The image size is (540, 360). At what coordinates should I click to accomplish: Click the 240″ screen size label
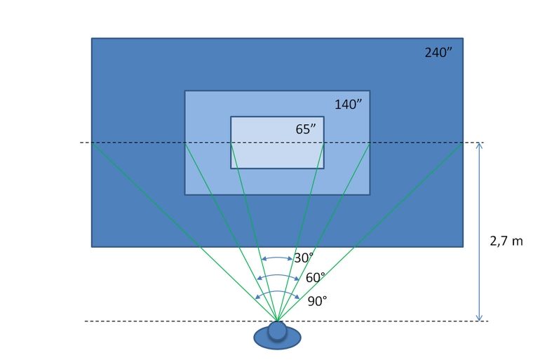click(x=440, y=53)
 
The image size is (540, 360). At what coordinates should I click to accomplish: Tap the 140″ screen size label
click(x=348, y=105)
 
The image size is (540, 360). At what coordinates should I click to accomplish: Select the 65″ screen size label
click(x=306, y=129)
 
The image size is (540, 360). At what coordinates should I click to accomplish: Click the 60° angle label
click(x=316, y=278)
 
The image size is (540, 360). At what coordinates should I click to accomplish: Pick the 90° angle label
click(x=318, y=301)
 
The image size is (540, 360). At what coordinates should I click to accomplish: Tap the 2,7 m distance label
click(x=506, y=241)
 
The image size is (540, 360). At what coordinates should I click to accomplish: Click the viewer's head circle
click(x=278, y=330)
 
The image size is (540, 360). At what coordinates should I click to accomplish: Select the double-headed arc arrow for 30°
click(x=277, y=258)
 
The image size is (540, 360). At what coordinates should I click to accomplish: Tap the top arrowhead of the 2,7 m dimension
click(x=480, y=146)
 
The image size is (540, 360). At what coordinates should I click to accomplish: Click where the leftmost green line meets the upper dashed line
click(x=92, y=143)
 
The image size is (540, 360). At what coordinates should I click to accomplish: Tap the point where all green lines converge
click(x=278, y=320)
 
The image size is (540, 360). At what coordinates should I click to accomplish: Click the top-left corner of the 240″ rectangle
click(x=92, y=39)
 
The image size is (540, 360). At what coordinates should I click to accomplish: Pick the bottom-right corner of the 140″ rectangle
click(x=370, y=194)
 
